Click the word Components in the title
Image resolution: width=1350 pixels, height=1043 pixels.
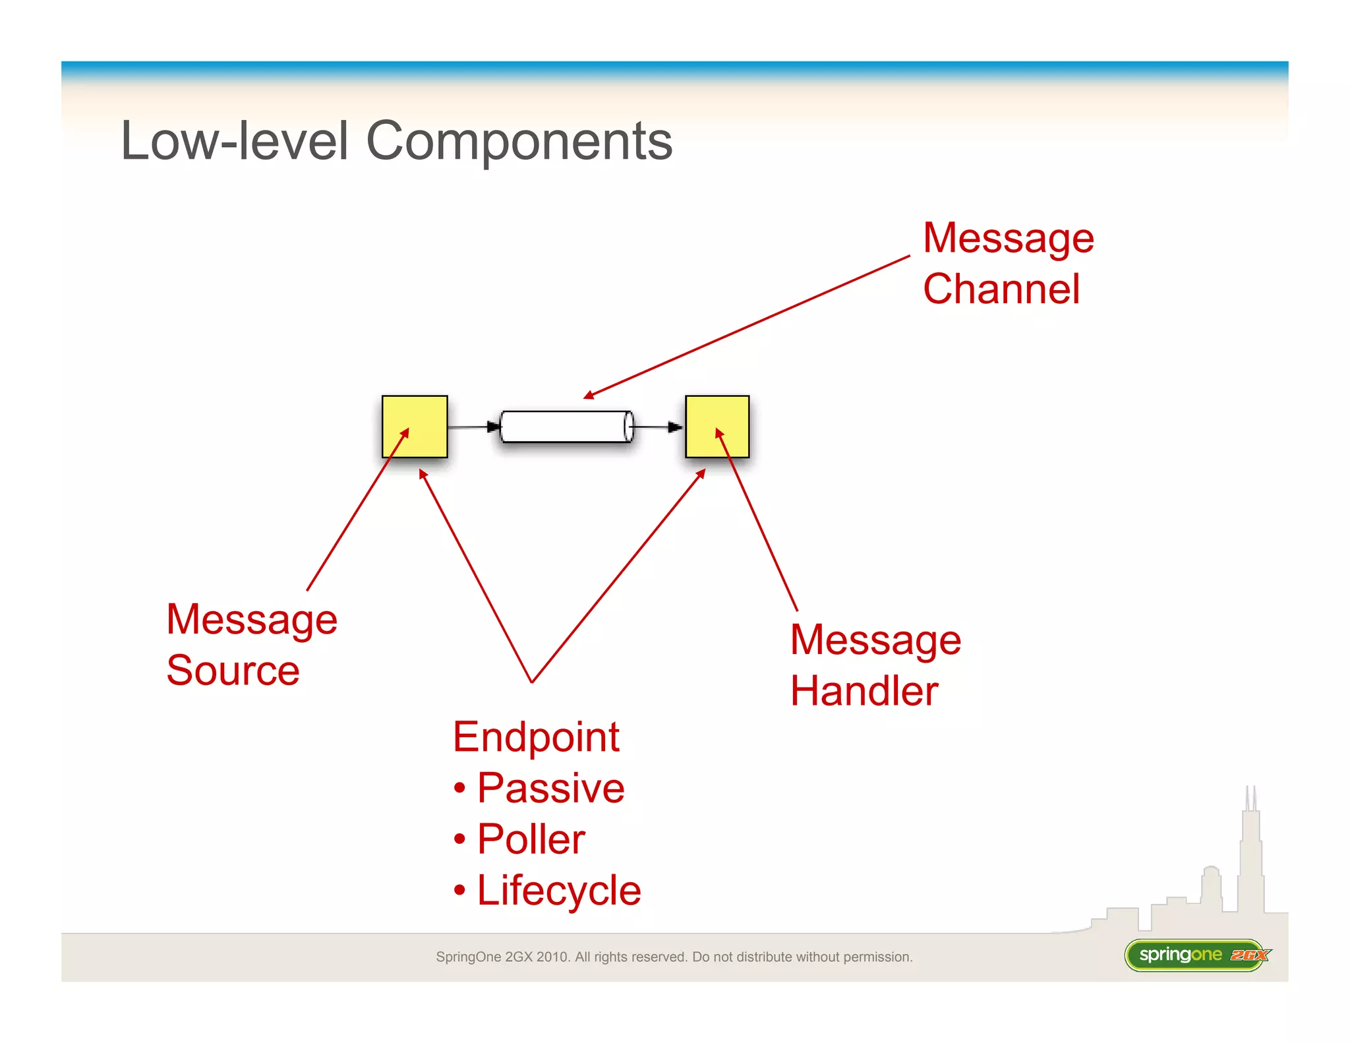pyautogui.click(x=519, y=141)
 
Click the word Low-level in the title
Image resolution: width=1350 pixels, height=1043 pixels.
pyautogui.click(x=234, y=141)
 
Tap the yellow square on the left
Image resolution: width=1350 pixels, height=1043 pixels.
pyautogui.click(x=415, y=427)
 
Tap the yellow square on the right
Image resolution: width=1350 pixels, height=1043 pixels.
pyautogui.click(x=717, y=427)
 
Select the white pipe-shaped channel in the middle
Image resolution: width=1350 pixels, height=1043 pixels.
pyautogui.click(x=566, y=427)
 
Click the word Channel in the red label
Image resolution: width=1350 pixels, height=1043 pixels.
pyautogui.click(x=1001, y=289)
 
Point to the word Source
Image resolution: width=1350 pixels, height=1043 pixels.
pyautogui.click(x=233, y=670)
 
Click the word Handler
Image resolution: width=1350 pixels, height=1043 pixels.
pyautogui.click(x=864, y=691)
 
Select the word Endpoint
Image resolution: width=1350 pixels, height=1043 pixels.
pyautogui.click(x=535, y=736)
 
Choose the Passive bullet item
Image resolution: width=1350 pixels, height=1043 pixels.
pyautogui.click(x=550, y=788)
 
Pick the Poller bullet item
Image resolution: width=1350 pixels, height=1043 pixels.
pyautogui.click(x=531, y=839)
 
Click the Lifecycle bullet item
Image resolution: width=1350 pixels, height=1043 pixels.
pyautogui.click(x=558, y=891)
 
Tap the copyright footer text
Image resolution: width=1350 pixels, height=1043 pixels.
pyautogui.click(x=674, y=957)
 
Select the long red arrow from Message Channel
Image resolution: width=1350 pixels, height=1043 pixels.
pyautogui.click(x=748, y=327)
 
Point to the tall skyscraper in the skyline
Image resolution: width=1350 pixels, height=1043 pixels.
pyautogui.click(x=1250, y=857)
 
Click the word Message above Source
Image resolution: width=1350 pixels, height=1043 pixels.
pyautogui.click(x=251, y=620)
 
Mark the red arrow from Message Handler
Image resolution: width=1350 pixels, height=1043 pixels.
pyautogui.click(x=758, y=521)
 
